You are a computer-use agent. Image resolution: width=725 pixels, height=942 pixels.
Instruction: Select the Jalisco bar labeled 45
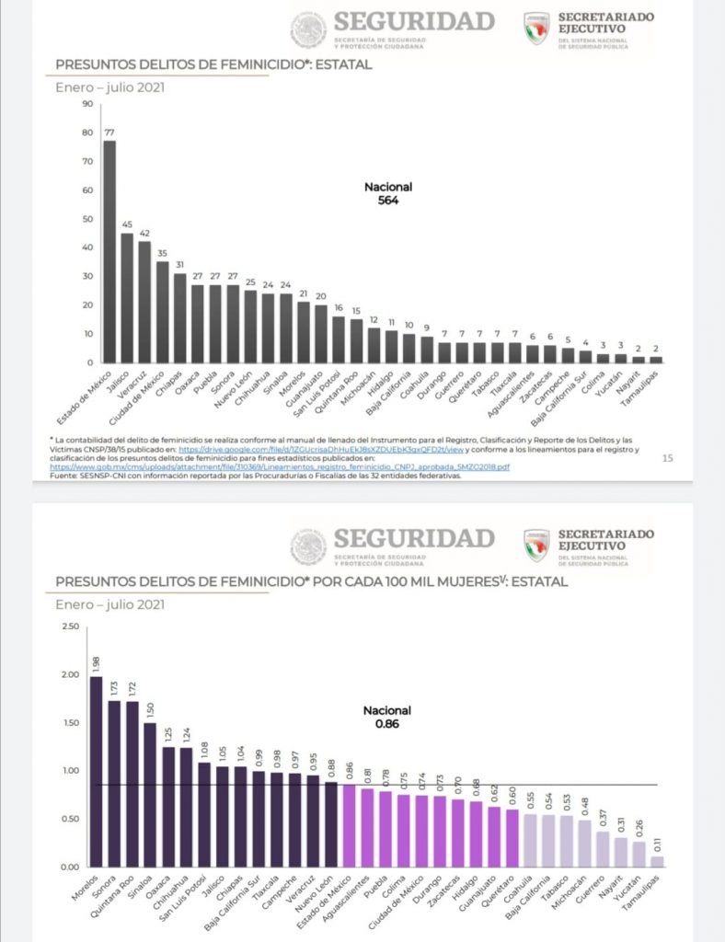pyautogui.click(x=127, y=298)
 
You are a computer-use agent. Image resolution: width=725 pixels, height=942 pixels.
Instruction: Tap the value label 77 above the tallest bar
pyautogui.click(x=109, y=132)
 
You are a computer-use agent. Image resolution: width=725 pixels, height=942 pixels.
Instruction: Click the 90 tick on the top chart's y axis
pyautogui.click(x=88, y=104)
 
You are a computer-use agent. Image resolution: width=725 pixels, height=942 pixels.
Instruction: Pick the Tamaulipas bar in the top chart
pyautogui.click(x=655, y=359)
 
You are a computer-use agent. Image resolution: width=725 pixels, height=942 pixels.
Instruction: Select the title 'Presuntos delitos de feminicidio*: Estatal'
pyautogui.click(x=214, y=65)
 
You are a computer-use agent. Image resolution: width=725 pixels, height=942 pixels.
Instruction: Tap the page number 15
pyautogui.click(x=668, y=457)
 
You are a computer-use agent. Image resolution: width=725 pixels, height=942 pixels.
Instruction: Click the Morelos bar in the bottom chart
pyautogui.click(x=97, y=772)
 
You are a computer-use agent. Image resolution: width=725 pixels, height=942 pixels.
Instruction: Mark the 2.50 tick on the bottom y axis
pyautogui.click(x=68, y=626)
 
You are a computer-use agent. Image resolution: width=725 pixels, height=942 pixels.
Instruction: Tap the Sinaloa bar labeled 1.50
pyautogui.click(x=149, y=795)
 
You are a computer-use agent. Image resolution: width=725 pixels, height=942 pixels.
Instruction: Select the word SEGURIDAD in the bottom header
pyautogui.click(x=413, y=537)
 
